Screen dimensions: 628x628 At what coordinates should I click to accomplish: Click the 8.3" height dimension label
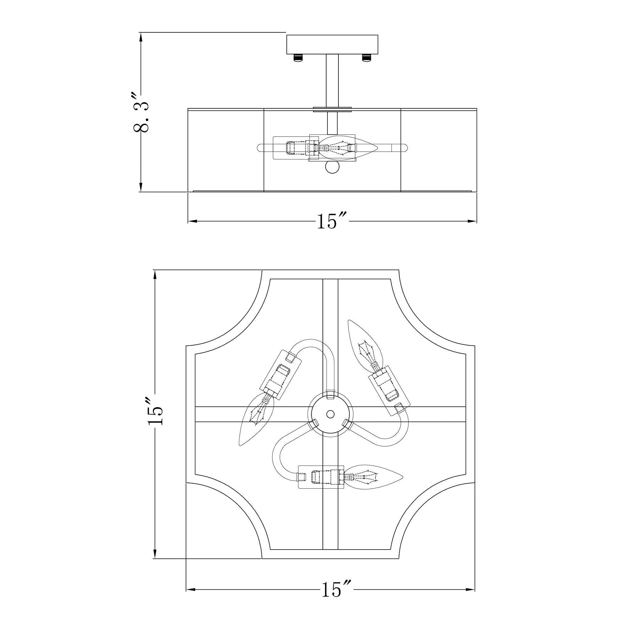coord(141,112)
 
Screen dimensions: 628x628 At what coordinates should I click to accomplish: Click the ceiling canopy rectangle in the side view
coord(332,45)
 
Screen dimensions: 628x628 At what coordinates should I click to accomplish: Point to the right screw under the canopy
coord(366,58)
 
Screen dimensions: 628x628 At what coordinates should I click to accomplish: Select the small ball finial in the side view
coord(332,168)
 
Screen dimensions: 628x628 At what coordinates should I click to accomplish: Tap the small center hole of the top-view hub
coord(330,414)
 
